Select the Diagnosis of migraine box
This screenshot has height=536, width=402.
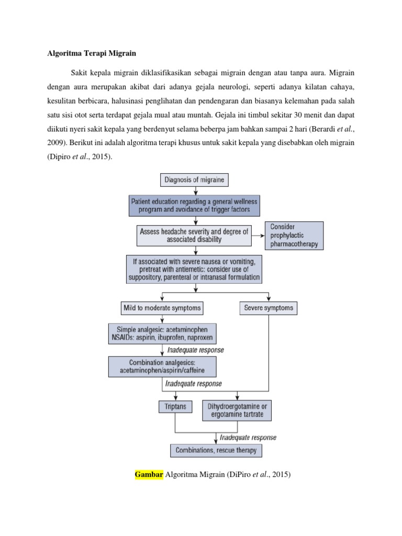click(x=195, y=181)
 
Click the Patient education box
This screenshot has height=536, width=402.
click(x=195, y=206)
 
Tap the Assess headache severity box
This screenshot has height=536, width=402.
click(x=195, y=235)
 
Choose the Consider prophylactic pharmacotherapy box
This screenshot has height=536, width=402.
click(x=294, y=235)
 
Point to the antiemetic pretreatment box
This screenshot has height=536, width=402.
click(x=195, y=269)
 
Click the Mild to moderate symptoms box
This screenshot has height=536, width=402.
click(x=162, y=308)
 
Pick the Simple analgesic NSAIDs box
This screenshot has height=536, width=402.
click(x=162, y=333)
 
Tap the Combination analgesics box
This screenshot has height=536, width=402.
click(x=162, y=366)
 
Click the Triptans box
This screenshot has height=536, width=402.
click(x=175, y=406)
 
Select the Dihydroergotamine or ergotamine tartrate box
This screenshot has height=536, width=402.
click(x=237, y=411)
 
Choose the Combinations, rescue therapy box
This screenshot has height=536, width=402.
click(x=216, y=450)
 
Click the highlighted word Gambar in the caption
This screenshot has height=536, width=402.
click(x=149, y=475)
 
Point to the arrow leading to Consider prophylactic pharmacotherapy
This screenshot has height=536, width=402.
click(x=258, y=236)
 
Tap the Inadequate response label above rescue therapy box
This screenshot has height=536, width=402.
click(x=248, y=437)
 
